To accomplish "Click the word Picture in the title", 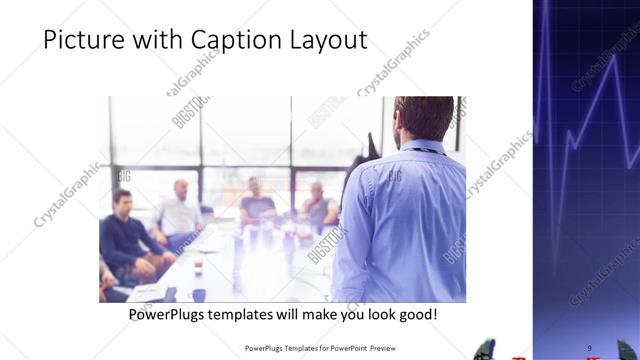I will coord(83,40).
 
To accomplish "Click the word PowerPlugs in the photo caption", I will coord(171,314).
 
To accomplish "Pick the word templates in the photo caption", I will coord(253,314).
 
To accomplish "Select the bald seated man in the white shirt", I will coord(181,212).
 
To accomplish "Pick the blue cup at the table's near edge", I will coord(199,295).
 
